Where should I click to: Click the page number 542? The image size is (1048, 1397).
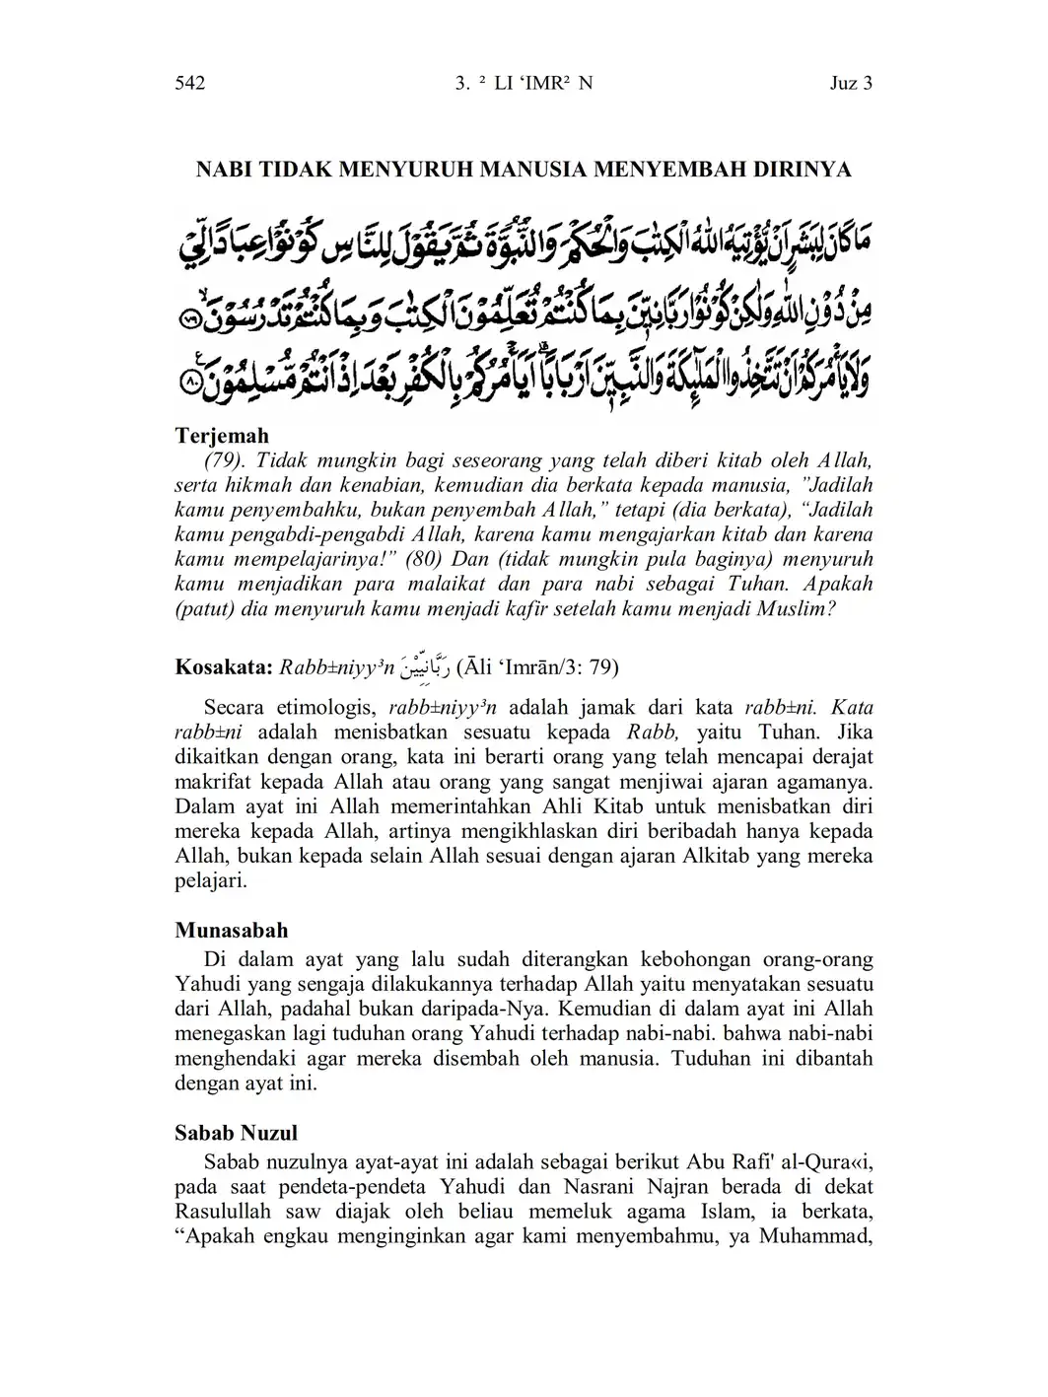[189, 84]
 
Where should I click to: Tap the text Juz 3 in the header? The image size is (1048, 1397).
[851, 84]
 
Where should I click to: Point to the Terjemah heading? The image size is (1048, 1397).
[222, 435]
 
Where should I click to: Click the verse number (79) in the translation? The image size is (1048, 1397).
[227, 460]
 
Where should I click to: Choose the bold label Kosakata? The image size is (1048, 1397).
[225, 667]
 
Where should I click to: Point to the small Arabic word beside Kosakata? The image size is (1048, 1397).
[426, 667]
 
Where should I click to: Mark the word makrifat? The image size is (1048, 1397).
[217, 782]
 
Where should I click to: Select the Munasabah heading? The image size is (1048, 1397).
[232, 931]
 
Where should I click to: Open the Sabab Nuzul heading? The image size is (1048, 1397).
[237, 1133]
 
